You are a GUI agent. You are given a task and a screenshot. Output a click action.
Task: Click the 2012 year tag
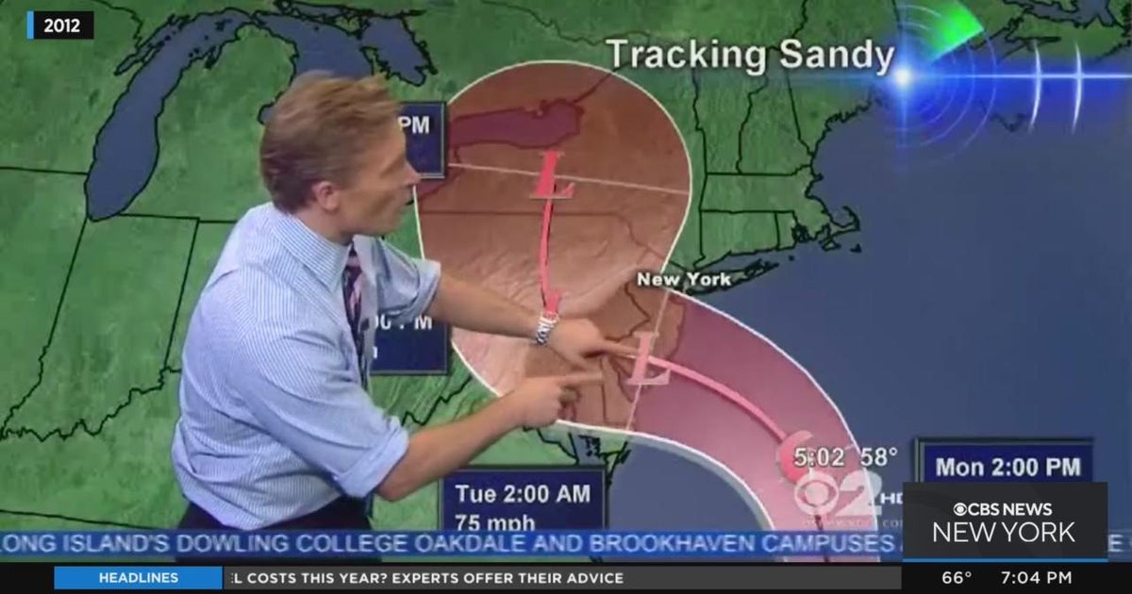click(61, 25)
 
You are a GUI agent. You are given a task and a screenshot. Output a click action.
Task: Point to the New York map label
click(683, 280)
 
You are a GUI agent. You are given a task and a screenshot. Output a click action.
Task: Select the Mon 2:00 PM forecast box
click(1007, 466)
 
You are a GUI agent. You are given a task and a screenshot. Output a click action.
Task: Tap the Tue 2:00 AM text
click(523, 493)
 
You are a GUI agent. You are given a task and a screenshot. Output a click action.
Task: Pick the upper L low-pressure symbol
click(553, 176)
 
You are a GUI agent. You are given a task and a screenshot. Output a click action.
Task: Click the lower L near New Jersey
click(648, 360)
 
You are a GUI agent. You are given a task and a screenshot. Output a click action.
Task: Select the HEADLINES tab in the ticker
click(138, 578)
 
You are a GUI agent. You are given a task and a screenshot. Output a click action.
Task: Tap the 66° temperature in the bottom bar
click(957, 578)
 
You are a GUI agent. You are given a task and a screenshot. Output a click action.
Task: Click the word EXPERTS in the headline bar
click(419, 578)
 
